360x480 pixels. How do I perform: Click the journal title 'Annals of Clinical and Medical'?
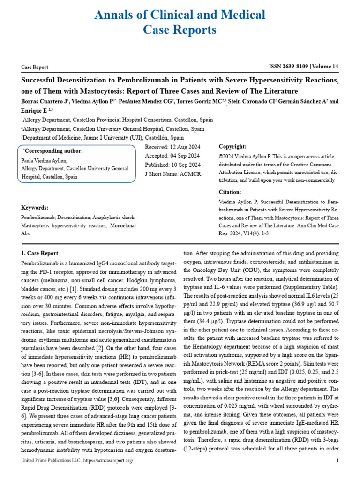click(x=180, y=15)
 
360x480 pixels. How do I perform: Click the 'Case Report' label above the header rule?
click(x=35, y=67)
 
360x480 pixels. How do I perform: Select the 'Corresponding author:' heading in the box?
click(x=53, y=151)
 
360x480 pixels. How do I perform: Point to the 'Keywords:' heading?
click(x=35, y=208)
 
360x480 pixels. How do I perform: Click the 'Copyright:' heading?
click(x=232, y=147)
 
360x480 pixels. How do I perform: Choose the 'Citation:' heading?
click(x=230, y=192)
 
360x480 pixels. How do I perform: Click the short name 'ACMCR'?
click(x=190, y=173)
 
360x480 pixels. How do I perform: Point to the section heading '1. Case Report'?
click(x=40, y=253)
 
